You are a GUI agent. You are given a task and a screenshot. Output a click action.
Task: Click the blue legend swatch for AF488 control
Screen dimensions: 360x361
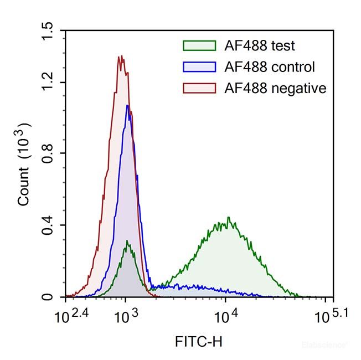pos(199,67)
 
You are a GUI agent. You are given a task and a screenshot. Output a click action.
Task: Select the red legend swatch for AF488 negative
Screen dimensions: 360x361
pos(199,88)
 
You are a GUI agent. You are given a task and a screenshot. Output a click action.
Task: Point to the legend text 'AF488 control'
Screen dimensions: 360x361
pos(270,67)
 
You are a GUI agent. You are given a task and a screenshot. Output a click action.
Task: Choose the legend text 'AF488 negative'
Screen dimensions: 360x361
pos(275,88)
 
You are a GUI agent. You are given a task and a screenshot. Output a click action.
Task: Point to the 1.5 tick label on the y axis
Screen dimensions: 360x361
pos(48,30)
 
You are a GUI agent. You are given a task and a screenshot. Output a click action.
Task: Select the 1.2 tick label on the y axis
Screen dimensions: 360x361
pos(48,82)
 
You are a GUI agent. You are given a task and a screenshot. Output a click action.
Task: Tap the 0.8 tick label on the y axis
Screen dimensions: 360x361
pos(48,153)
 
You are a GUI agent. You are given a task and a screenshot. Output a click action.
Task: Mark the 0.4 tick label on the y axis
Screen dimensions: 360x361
pos(48,225)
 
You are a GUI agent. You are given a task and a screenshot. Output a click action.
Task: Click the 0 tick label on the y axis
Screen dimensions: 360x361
pos(48,297)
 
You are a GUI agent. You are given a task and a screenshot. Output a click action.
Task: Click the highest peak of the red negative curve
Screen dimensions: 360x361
pos(120,56)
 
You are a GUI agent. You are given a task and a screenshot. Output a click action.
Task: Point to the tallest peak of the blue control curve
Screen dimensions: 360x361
pos(127,105)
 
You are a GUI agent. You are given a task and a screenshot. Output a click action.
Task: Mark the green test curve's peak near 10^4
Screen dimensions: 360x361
pos(228,218)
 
